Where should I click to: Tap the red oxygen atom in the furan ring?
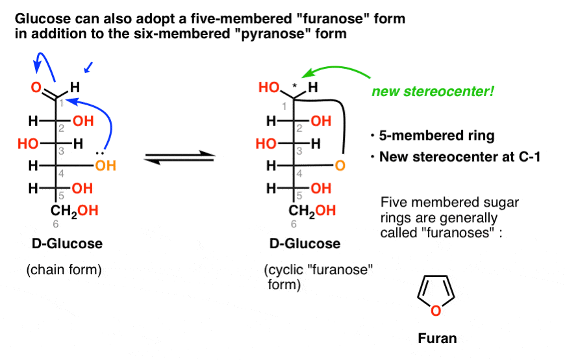point(436,311)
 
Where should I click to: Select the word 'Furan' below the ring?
point(437,338)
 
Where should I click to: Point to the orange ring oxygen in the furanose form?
point(340,166)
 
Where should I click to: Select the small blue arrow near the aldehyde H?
point(89,66)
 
